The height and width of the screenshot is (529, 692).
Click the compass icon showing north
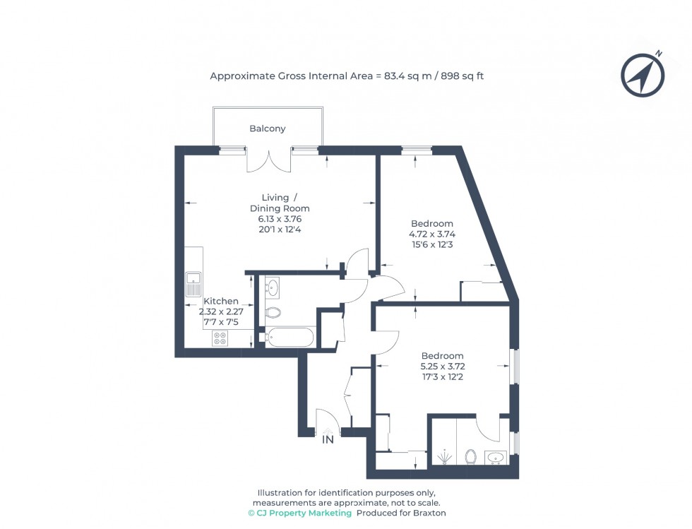coord(643,75)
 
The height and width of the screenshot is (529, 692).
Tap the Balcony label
coord(268,129)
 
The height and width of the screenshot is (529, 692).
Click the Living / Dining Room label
coord(280,203)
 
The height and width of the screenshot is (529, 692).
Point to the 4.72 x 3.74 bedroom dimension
coord(431,234)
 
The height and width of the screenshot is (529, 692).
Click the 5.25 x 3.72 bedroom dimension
coord(442,367)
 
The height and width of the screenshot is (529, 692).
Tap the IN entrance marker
coord(328,439)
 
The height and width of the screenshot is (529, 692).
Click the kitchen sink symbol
coord(193,285)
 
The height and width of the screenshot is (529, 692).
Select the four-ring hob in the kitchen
coord(220,338)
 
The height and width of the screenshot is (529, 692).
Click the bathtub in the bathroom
coord(287,338)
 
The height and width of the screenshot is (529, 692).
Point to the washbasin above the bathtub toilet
coord(273,287)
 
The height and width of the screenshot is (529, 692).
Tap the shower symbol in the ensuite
coord(443,458)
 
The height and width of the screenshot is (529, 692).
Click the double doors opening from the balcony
coord(268,161)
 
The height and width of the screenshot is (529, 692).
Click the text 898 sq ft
coord(463,76)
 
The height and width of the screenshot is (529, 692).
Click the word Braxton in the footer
coord(430,513)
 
